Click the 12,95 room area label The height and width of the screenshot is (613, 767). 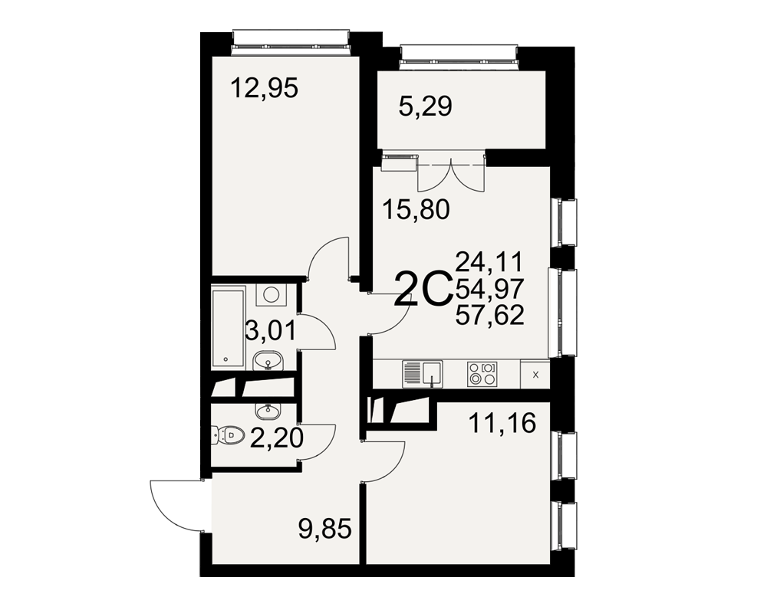click(264, 89)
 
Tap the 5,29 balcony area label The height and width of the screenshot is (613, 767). click(425, 106)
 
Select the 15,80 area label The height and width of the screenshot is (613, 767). click(416, 210)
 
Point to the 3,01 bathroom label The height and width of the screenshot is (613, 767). click(271, 331)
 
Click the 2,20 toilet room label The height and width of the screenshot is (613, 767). click(276, 438)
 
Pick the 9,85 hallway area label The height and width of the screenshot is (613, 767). click(325, 529)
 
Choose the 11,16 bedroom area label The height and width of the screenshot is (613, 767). click(502, 423)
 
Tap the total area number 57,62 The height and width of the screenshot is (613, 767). click(489, 315)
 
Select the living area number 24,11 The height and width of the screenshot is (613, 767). click(489, 262)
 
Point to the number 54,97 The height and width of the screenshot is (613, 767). click(489, 288)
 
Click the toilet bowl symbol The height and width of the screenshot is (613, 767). click(229, 434)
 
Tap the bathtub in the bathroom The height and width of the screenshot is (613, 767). click(228, 329)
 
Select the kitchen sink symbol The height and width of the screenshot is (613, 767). click(422, 374)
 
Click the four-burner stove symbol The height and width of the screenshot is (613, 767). click(482, 373)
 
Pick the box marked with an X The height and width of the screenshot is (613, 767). click(535, 375)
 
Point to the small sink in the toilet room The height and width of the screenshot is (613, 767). click(268, 411)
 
